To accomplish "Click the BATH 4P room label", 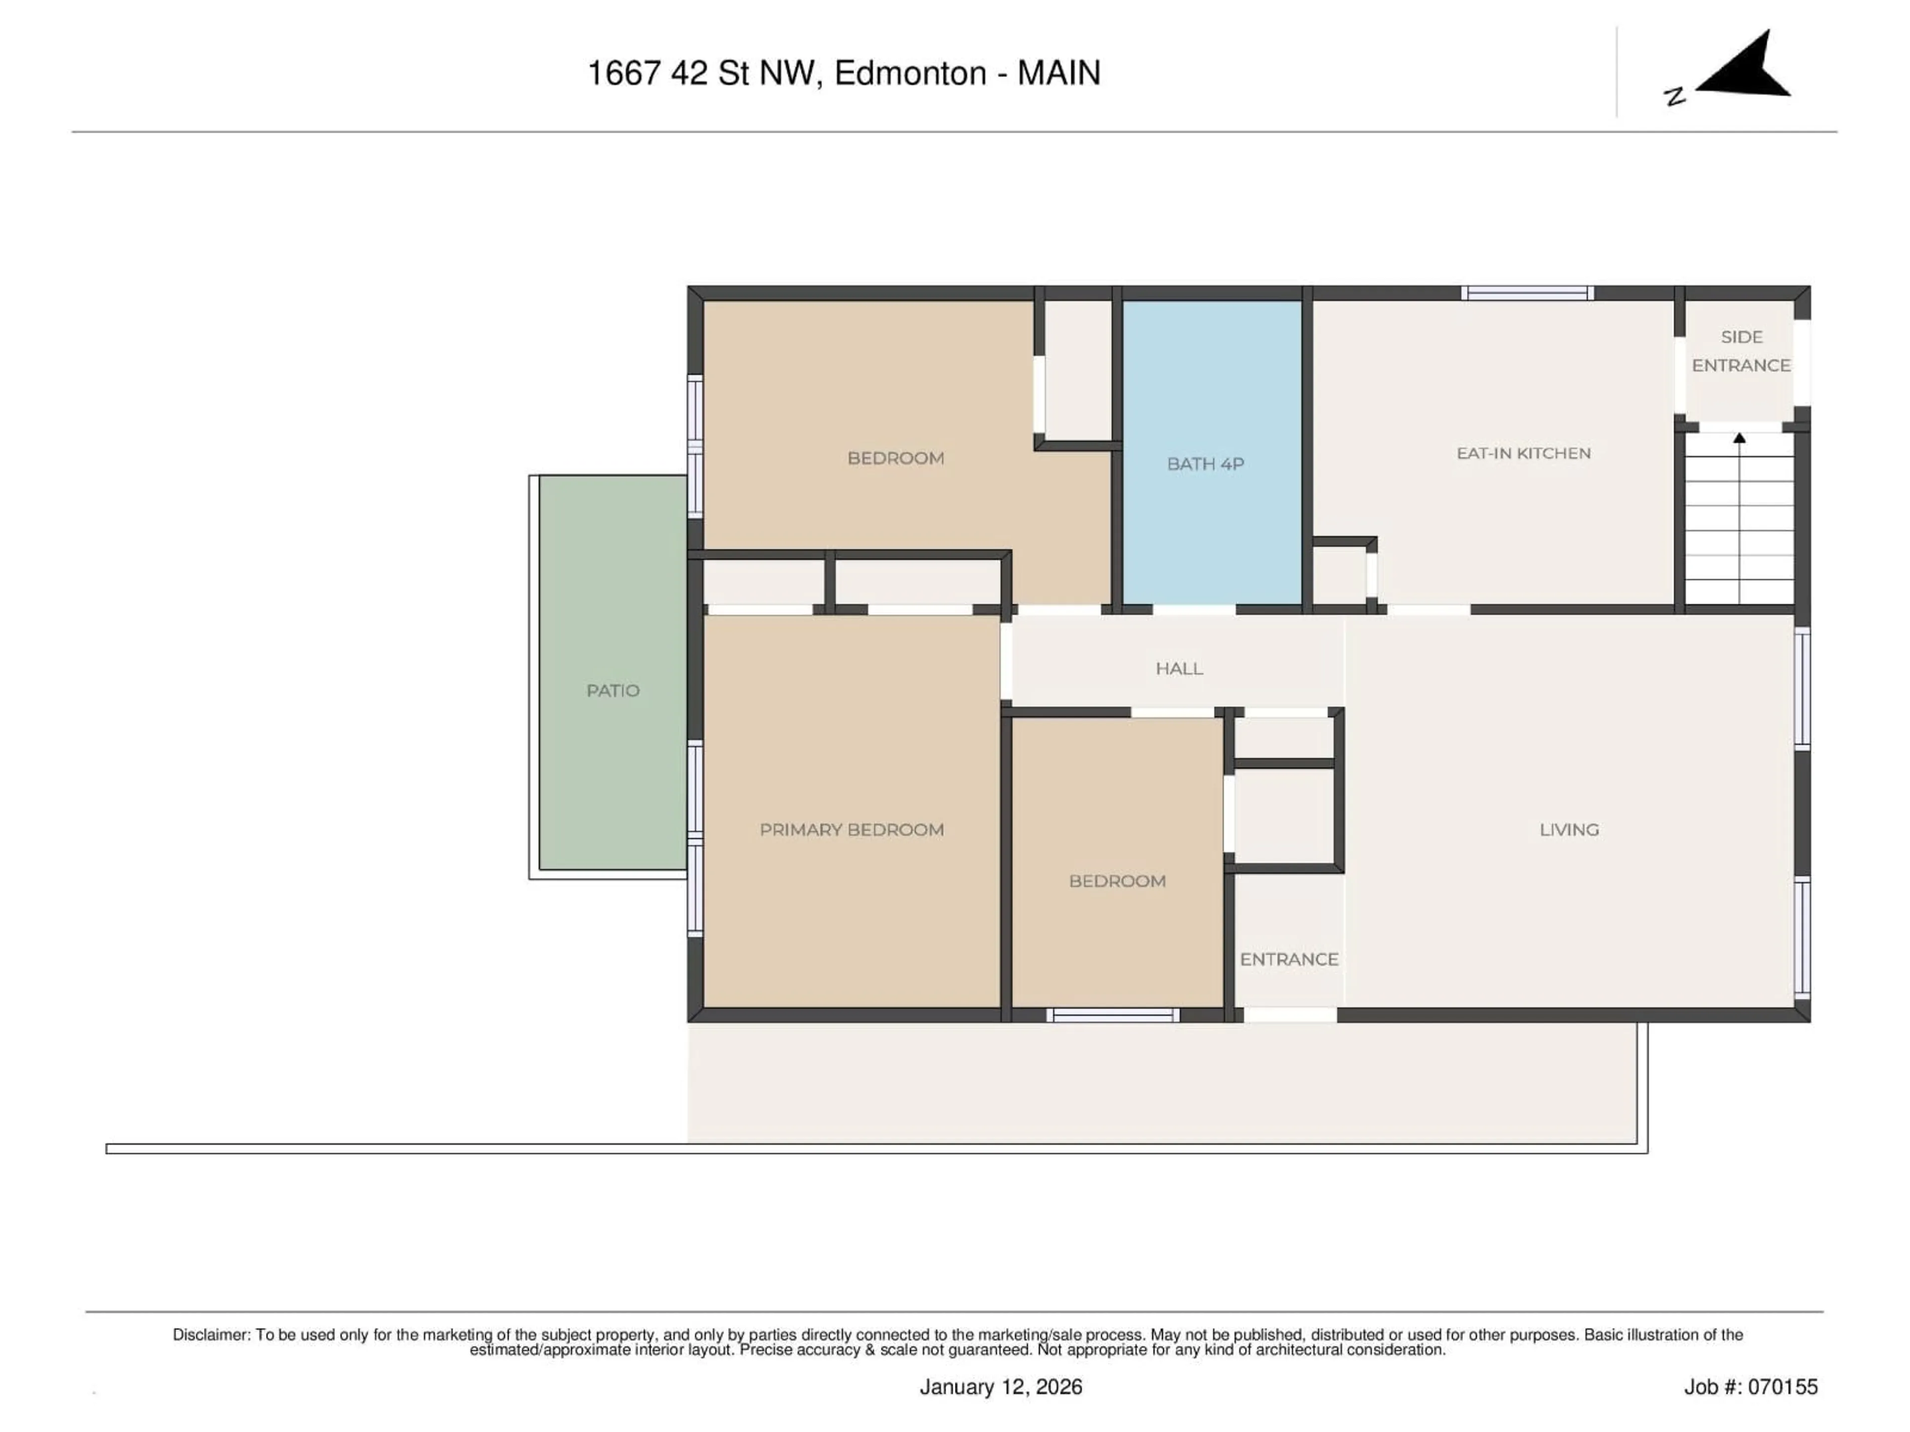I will [1205, 464].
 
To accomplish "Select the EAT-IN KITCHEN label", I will [1523, 453].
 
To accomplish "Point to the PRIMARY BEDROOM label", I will [852, 829].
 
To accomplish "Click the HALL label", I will [1179, 668].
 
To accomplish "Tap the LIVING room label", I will [1569, 829].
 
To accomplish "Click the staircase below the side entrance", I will [1739, 527].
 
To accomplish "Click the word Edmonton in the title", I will [910, 74].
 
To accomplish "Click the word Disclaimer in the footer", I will [211, 1335].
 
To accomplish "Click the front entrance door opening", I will [1290, 1015].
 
